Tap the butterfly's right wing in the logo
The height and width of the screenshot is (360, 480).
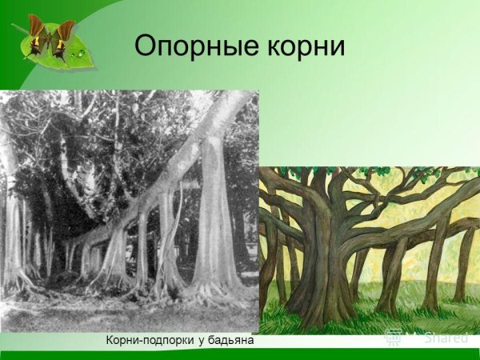(x=62, y=34)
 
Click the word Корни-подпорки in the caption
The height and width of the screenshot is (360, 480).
(x=146, y=341)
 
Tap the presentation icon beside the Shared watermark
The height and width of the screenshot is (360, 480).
(x=394, y=337)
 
